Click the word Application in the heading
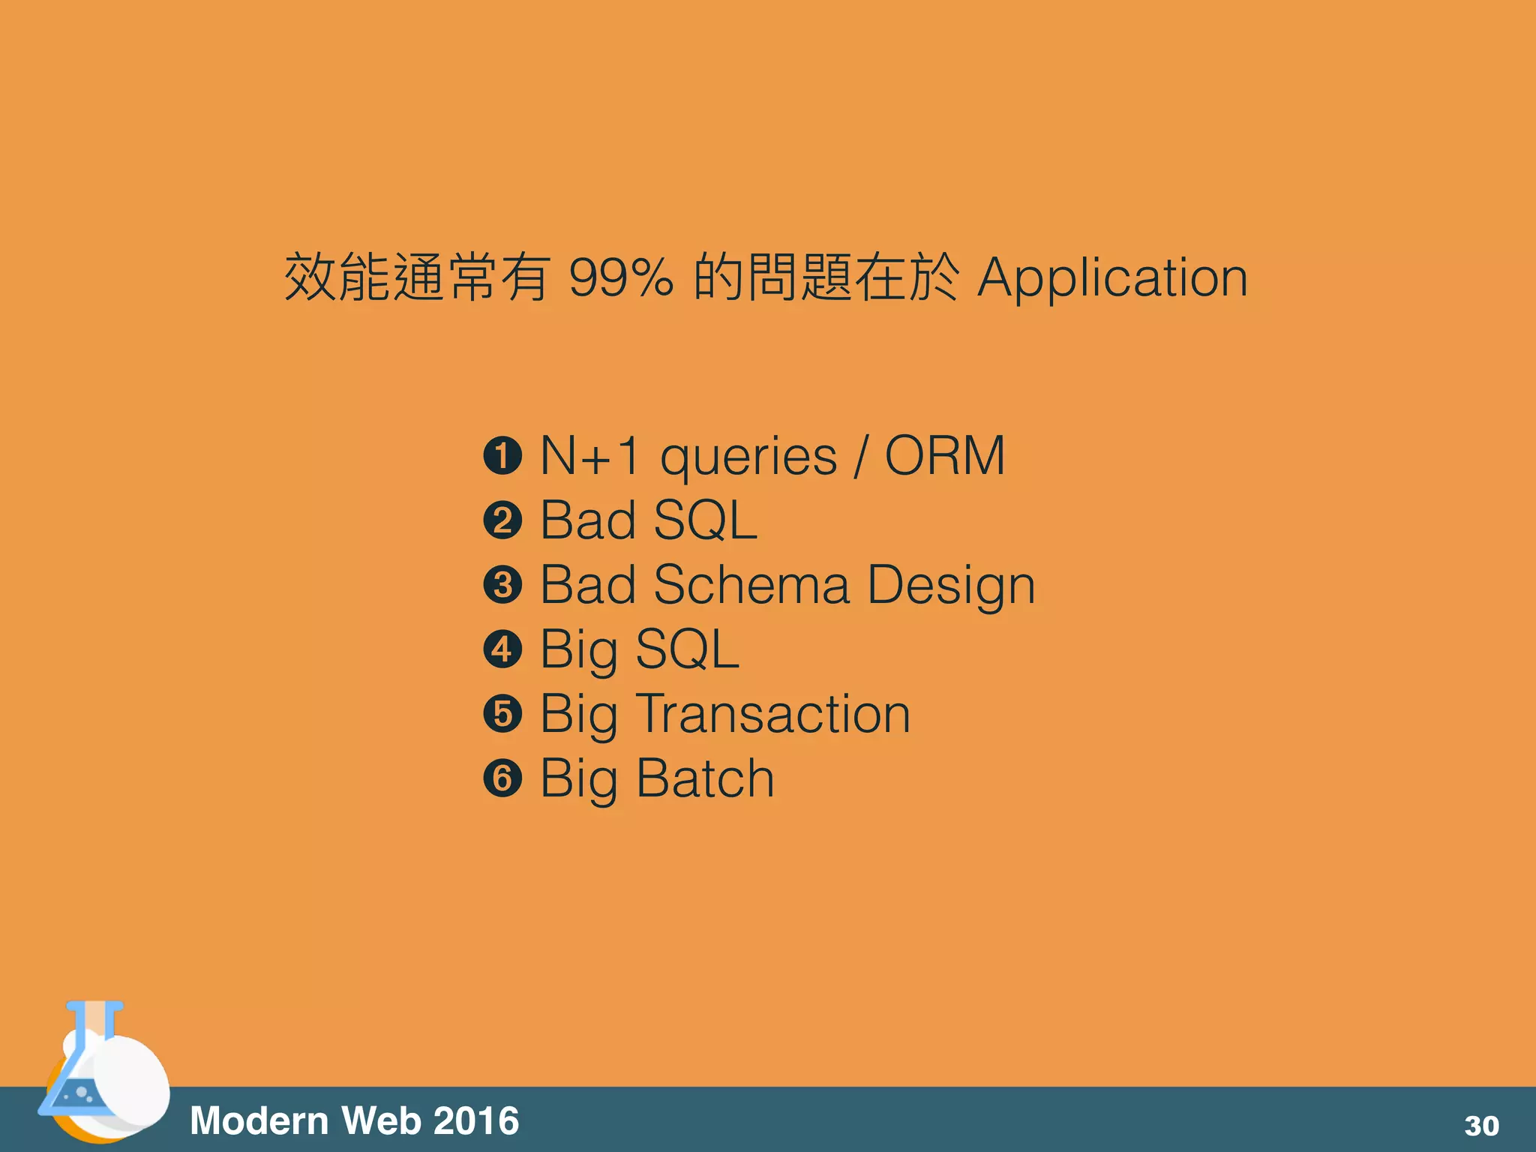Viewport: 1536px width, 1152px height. pos(1112,279)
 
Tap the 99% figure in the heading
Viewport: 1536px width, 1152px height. pos(621,277)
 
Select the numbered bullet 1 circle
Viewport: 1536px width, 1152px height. pos(502,456)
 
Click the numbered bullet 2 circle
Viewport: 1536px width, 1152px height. pos(502,520)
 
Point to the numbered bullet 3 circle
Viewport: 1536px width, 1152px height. pos(502,585)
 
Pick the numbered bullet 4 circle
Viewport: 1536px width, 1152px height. pos(502,649)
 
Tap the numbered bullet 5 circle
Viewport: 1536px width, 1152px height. pos(502,714)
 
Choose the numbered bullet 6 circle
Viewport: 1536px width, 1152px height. pos(502,778)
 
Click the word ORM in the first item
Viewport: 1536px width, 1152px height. pos(945,455)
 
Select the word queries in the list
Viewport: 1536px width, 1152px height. pos(748,457)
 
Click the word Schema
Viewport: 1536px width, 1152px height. pos(751,584)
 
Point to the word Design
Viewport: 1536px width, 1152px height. pos(951,586)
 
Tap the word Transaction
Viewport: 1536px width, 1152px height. pos(773,714)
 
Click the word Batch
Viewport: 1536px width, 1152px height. pos(705,778)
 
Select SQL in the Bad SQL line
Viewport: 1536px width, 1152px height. pos(705,520)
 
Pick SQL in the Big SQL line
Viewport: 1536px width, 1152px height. pos(687,649)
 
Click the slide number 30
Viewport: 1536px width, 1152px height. pos(1481,1126)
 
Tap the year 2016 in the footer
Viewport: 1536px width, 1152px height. pos(476,1121)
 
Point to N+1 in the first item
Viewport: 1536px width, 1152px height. pos(589,455)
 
